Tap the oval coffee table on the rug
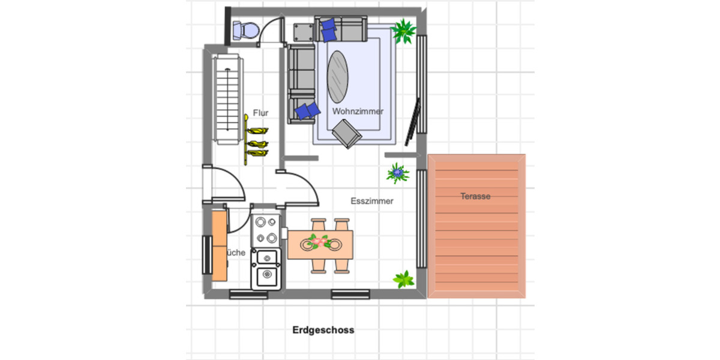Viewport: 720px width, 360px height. click(x=338, y=77)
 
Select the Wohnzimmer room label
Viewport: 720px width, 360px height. click(x=358, y=112)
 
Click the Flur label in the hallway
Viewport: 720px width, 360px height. click(x=260, y=112)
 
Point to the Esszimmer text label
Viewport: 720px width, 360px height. click(x=372, y=201)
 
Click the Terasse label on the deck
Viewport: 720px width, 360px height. click(x=476, y=196)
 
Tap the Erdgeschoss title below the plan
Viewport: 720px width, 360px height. click(x=323, y=330)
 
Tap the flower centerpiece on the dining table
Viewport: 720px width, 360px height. click(x=319, y=242)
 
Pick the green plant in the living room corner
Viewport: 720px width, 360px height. click(x=403, y=31)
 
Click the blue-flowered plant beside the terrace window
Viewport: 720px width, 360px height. click(x=397, y=173)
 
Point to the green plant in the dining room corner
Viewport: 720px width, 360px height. click(x=404, y=279)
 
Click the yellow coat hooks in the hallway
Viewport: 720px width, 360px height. click(x=257, y=143)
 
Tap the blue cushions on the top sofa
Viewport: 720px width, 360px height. click(x=328, y=29)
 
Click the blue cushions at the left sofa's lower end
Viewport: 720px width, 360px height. click(x=308, y=110)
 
